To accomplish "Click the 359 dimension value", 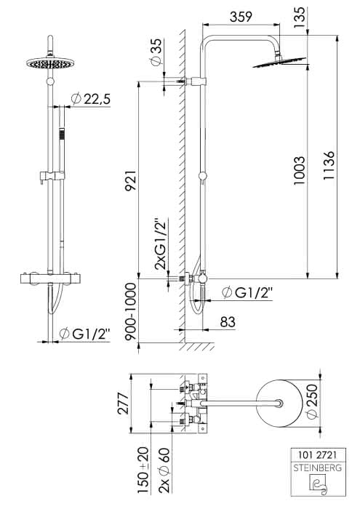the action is (x=241, y=17).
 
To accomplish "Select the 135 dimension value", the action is (x=300, y=17).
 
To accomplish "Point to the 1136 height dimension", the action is (x=328, y=166).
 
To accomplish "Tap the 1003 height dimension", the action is (x=300, y=171).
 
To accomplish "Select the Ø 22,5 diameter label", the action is (x=91, y=99).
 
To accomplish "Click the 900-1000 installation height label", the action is (x=131, y=312).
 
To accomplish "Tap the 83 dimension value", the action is (x=227, y=322).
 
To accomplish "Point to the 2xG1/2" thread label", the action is (x=160, y=244).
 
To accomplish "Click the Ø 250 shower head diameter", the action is (x=311, y=401).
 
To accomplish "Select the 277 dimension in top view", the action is (x=124, y=403).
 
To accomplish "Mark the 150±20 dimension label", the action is (x=143, y=470).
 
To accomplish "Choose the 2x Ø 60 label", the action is (x=165, y=470).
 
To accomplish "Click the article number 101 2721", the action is (x=317, y=455).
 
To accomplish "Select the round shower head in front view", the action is (x=50, y=63).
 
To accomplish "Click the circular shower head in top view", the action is (x=279, y=403).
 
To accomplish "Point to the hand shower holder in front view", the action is (x=52, y=177).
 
